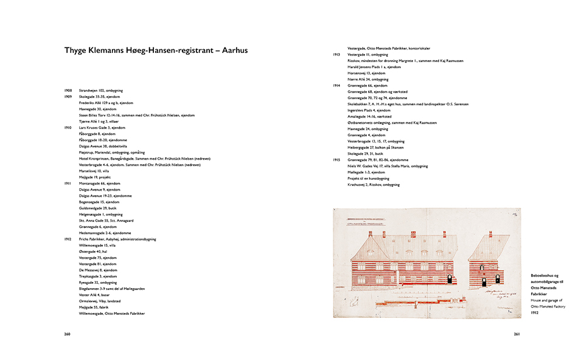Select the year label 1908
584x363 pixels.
click(x=68, y=90)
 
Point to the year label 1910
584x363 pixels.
click(x=68, y=127)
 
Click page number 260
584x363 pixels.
click(x=68, y=334)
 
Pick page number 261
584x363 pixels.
click(x=516, y=334)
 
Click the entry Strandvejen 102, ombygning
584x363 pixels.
click(x=100, y=90)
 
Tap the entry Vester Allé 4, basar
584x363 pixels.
click(x=96, y=295)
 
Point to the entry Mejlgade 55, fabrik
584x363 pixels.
click(x=96, y=307)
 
